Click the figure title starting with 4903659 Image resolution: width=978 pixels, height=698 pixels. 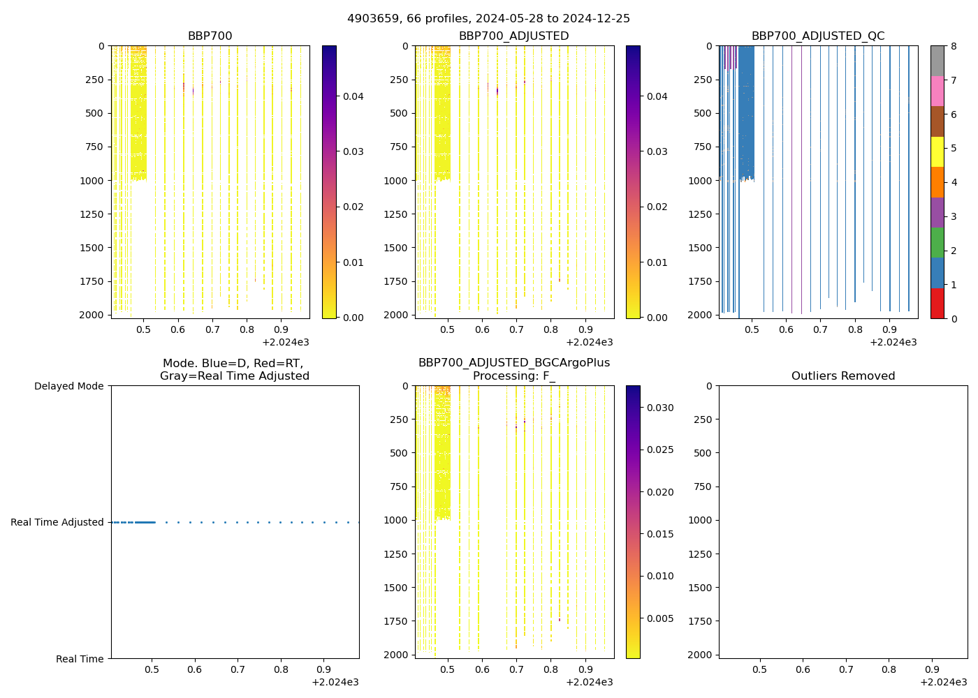point(488,19)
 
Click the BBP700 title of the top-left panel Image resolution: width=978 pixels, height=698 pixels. point(210,36)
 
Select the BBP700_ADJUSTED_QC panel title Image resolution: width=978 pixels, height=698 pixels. point(818,36)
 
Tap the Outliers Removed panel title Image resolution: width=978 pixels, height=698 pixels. point(843,376)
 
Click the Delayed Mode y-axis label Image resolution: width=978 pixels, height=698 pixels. point(68,386)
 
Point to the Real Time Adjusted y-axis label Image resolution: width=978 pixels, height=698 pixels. point(57,522)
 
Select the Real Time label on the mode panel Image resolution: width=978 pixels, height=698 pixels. point(80,659)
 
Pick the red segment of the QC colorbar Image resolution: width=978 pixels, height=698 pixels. point(937,303)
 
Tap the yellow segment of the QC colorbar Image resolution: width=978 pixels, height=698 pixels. point(937,151)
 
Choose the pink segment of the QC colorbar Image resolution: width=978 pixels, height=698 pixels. point(937,91)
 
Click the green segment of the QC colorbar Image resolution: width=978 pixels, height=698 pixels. point(937,242)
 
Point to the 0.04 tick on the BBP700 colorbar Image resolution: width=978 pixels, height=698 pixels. point(353,96)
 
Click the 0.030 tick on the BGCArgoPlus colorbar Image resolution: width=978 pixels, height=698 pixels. point(660,408)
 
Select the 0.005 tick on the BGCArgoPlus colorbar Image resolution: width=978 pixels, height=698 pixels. point(660,618)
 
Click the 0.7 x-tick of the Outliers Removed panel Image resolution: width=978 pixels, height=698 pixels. point(846,670)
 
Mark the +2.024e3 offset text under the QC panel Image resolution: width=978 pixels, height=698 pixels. point(893,342)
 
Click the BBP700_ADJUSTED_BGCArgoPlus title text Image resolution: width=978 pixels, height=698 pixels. point(514,363)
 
